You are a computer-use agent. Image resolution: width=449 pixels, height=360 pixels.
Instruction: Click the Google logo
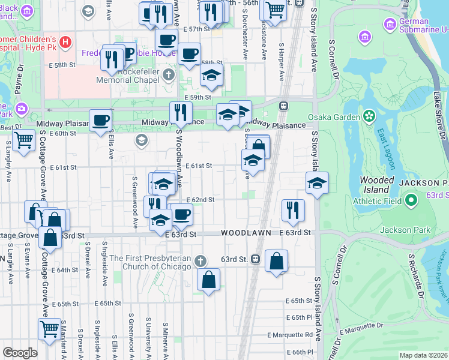20,353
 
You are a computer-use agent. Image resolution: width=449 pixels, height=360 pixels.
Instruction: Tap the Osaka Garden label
328,117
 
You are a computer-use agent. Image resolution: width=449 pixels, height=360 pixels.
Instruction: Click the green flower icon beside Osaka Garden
369,115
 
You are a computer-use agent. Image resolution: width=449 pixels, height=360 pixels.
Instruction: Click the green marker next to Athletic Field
411,200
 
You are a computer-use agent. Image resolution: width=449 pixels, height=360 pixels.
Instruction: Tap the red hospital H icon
65,43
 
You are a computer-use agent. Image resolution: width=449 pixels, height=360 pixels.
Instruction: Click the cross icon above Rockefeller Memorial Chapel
169,75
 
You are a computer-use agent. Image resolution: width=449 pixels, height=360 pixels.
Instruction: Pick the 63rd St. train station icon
256,259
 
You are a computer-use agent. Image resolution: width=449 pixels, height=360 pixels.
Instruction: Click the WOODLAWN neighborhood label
243,232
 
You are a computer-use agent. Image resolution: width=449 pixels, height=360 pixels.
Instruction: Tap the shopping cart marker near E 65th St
50,328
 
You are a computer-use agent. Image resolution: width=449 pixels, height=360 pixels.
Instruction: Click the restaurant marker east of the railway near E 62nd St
293,209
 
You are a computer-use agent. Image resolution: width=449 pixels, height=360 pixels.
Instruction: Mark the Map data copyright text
424,355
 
